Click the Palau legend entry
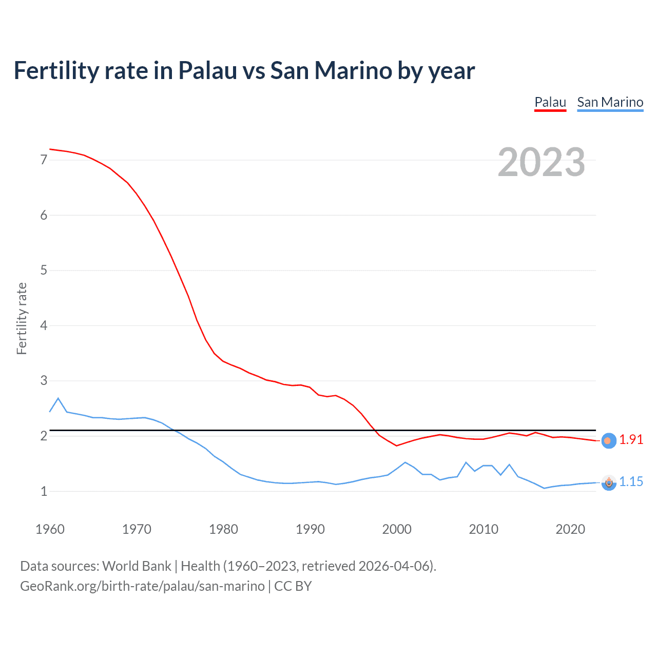(x=550, y=102)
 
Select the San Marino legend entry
(x=610, y=102)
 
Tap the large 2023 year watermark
(x=541, y=162)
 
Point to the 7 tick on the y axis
(x=44, y=160)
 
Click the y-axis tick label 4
(x=44, y=325)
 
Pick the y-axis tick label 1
(x=44, y=491)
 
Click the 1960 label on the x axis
(x=50, y=529)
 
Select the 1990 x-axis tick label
(x=310, y=529)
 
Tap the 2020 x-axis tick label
(x=570, y=529)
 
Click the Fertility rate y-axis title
(x=22, y=318)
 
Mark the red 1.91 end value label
(x=631, y=440)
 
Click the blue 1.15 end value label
(x=631, y=482)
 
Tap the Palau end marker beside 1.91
(x=608, y=440)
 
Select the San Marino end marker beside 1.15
(x=608, y=482)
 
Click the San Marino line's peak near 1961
(x=58, y=398)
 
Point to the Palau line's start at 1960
(x=50, y=149)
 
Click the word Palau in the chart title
(x=207, y=71)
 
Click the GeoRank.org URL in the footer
(x=142, y=586)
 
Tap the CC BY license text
(x=293, y=586)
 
